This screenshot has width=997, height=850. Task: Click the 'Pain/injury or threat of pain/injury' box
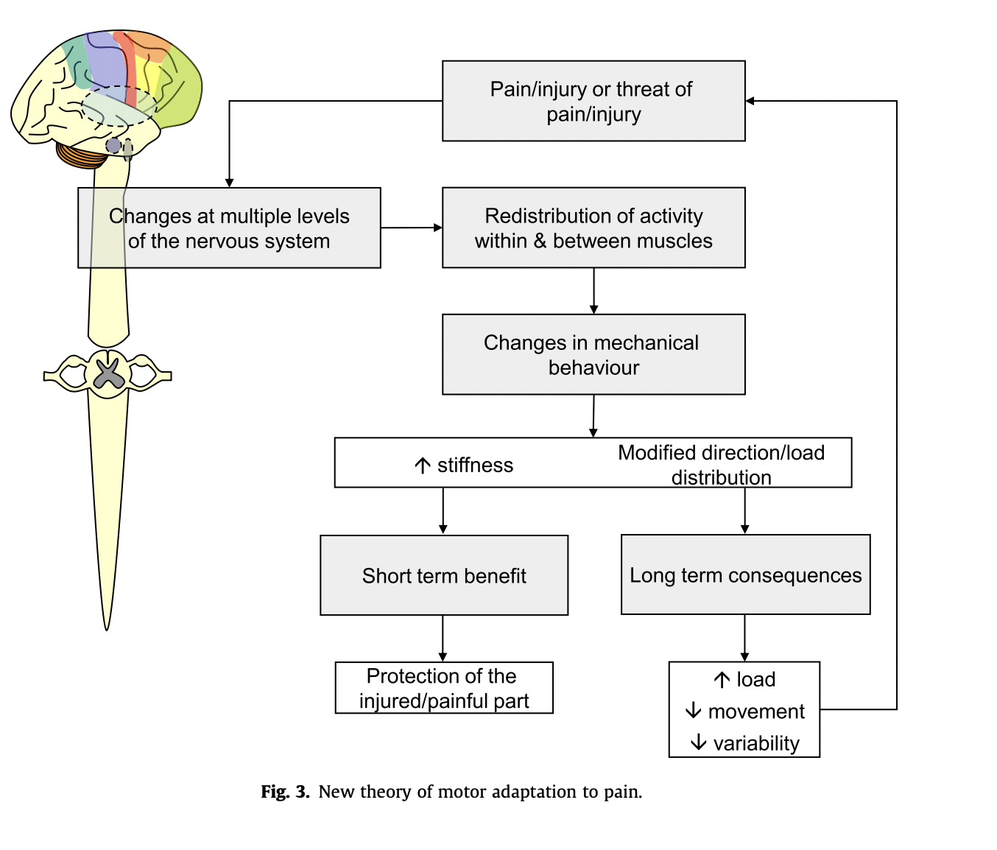[x=593, y=101]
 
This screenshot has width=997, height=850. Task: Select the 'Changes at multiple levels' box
[x=229, y=228]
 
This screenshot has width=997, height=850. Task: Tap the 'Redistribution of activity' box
[x=593, y=228]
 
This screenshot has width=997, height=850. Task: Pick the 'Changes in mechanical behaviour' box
[x=593, y=354]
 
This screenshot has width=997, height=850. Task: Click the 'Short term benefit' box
[x=444, y=575]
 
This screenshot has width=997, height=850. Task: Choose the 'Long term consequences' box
[x=745, y=575]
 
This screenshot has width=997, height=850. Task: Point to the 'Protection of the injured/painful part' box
[x=444, y=688]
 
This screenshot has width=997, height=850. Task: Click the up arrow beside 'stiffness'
[x=422, y=466]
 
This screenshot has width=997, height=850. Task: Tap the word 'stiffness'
[x=475, y=466]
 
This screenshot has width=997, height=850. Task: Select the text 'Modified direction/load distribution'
[x=721, y=465]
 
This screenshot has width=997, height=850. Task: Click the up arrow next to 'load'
[x=722, y=680]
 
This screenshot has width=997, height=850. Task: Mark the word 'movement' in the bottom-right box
[x=756, y=712]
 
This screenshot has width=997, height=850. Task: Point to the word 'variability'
[x=756, y=743]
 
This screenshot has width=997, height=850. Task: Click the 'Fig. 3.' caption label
[x=285, y=792]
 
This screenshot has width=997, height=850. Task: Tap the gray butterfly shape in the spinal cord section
[x=109, y=373]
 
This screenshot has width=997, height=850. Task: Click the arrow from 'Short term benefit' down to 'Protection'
[x=443, y=638]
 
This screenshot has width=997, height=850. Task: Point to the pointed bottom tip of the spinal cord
[x=107, y=626]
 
